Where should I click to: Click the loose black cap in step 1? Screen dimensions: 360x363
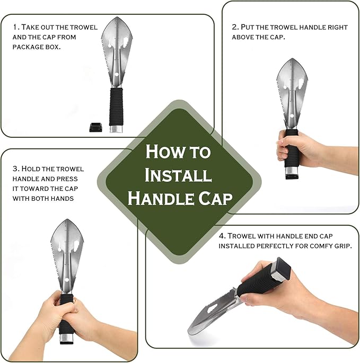95,127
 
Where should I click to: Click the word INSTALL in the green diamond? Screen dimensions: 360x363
178,175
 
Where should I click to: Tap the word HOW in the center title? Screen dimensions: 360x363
165,152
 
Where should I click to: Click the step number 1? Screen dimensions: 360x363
15,27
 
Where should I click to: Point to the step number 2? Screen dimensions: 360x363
235,27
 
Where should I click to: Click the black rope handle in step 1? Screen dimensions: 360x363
117,107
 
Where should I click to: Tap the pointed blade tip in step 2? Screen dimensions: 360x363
292,58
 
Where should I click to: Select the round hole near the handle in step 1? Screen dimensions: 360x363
117,74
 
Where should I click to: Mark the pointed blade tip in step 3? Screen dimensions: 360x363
67,219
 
